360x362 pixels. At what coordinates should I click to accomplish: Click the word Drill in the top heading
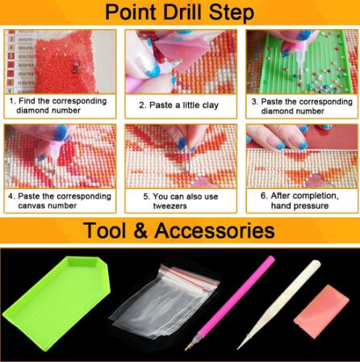coord(183,12)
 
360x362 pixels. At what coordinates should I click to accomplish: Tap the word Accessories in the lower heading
coord(215,230)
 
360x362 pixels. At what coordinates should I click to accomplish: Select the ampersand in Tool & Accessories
coord(140,230)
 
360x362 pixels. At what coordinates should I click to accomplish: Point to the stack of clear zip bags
coord(165,301)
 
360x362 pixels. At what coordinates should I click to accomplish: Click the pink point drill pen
coord(229,303)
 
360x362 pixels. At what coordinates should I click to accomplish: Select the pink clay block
coord(321,311)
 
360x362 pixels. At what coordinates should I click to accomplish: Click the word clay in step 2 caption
coord(210,105)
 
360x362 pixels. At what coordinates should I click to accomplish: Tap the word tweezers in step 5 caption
coord(170,206)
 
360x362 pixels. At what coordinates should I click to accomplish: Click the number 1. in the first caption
coord(12,101)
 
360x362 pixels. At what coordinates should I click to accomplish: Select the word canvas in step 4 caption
coord(29,206)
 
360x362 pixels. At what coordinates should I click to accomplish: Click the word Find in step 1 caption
coord(27,101)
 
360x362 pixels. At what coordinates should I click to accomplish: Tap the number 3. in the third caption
coord(255,102)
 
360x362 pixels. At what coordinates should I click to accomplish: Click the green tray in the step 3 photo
coord(303,65)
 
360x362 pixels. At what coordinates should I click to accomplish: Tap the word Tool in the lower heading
coord(105,230)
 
